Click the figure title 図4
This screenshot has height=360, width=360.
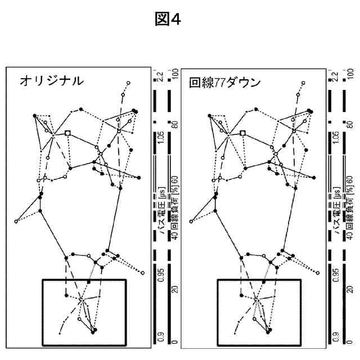168,19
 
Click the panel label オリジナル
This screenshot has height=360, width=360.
52,81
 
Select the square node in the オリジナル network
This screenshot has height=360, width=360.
67,133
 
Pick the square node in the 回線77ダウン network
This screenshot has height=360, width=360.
242,133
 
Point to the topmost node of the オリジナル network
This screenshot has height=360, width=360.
129,83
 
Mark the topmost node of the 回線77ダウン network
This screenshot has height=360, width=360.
304,83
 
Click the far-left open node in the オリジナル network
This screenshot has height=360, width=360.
16,221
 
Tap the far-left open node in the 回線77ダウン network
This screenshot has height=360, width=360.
191,221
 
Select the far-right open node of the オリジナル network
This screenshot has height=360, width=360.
143,273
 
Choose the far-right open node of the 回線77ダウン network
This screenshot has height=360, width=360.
318,273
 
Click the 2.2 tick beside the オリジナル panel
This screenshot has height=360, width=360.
161,75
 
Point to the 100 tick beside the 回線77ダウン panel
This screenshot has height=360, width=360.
351,74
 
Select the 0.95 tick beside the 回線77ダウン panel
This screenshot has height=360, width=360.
336,272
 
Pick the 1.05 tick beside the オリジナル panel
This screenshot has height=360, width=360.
161,139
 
